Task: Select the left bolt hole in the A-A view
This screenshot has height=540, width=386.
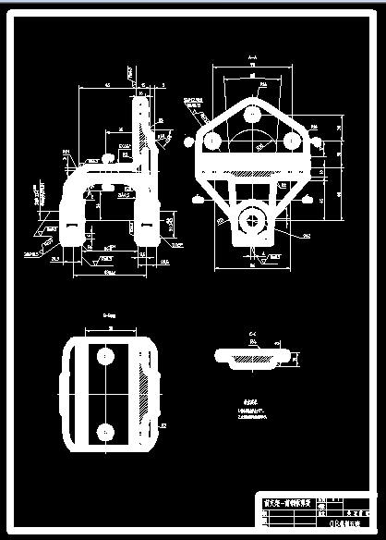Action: [x=212, y=140]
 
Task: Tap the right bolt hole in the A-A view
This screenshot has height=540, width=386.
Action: [x=290, y=140]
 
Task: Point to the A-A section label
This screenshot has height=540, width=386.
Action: [x=251, y=58]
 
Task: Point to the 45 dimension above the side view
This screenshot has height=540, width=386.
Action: [x=106, y=85]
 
